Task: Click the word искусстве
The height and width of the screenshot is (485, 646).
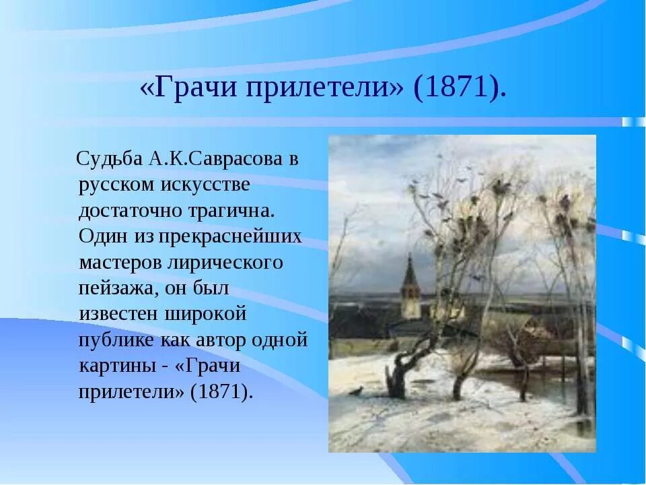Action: pyautogui.click(x=205, y=185)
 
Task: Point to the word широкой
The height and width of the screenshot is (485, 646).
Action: pyautogui.click(x=206, y=315)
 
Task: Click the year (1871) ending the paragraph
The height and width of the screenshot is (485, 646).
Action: pyautogui.click(x=221, y=391)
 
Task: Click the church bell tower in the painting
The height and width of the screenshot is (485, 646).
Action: pyautogui.click(x=410, y=287)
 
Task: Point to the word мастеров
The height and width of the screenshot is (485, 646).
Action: pyautogui.click(x=120, y=262)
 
